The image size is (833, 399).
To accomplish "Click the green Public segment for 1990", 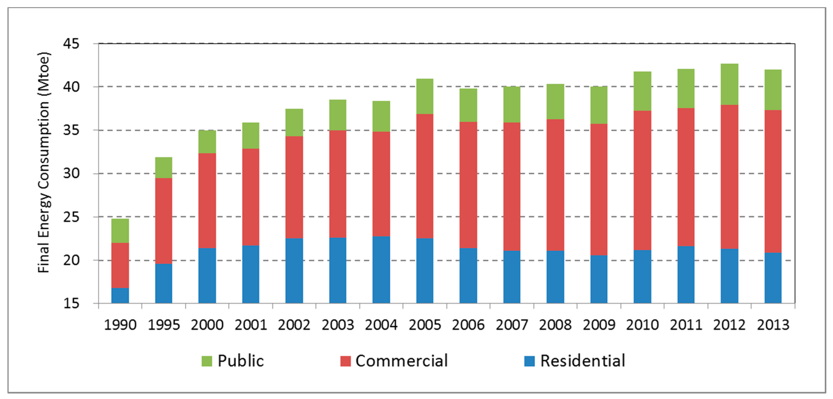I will pos(120,231).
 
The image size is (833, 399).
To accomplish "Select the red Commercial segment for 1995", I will pos(164,221).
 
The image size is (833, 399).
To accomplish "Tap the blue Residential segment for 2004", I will pos(381,270).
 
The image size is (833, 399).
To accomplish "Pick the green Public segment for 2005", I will pos(424,96).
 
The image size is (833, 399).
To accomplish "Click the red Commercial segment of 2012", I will pos(730,177).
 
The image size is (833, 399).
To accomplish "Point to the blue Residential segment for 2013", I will pos(773,278).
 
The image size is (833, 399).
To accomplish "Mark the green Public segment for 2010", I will pos(642,91).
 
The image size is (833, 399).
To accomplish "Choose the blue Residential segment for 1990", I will pos(120,295).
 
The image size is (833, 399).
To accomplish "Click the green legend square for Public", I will pos(207,361).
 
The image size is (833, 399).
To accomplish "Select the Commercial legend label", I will pos(402,361).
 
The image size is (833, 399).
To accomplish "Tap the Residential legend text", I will pos(583,361).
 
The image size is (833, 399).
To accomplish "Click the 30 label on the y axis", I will pos(71,174).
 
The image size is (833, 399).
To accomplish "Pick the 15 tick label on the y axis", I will pos(71,303).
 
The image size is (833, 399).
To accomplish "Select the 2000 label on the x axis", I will pos(207,325).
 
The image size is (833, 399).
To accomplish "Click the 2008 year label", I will pos(555,325).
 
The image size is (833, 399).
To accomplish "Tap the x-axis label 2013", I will pos(773,325).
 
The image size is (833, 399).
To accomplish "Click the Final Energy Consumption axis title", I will pos(44,162).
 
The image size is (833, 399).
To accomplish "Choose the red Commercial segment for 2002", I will pos(294,187).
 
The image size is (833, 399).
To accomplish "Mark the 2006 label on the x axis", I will pos(468,325).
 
